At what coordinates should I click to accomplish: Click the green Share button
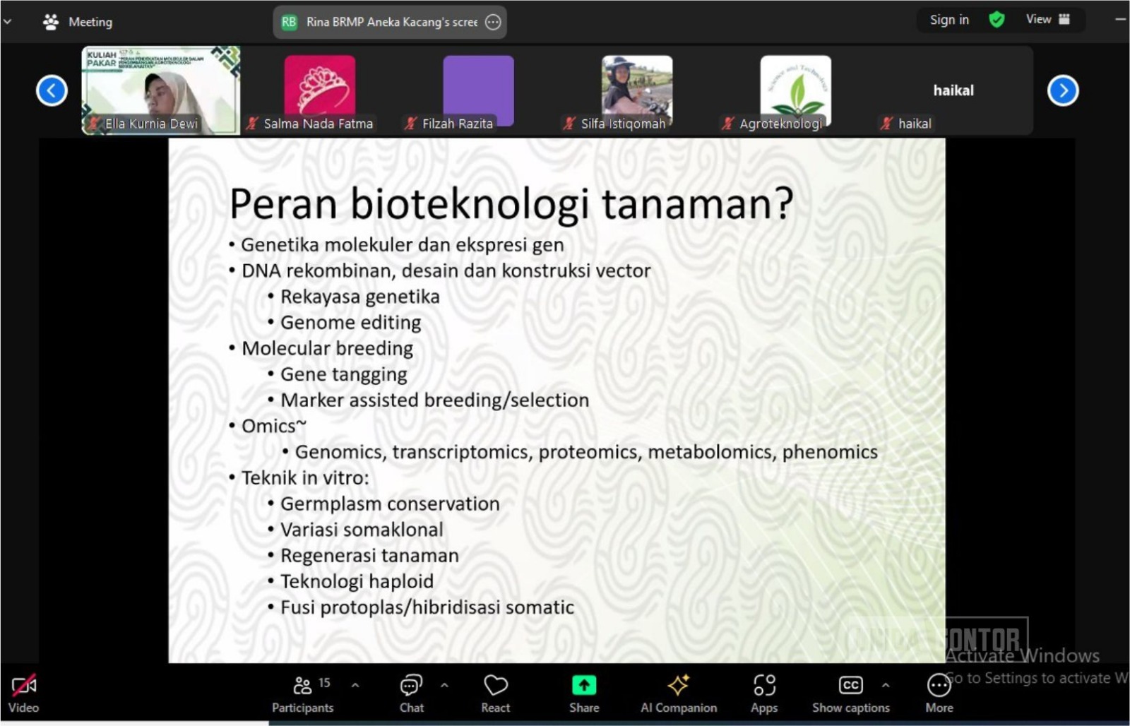584,685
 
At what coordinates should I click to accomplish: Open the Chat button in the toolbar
411,685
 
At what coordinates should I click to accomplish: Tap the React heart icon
495,685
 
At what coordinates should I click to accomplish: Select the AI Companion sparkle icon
678,685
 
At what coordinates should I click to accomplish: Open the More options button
939,685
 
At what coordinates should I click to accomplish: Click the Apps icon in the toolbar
764,685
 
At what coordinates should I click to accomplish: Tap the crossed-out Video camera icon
23,685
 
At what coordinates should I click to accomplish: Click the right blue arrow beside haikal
1063,90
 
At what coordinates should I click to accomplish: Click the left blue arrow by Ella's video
52,90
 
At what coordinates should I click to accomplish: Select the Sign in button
949,20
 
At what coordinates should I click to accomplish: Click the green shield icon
997,20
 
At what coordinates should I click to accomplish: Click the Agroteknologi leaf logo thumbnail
795,86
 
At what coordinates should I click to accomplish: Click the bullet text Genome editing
350,323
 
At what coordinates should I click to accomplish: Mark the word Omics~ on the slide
273,427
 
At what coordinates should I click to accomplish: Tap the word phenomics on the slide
830,452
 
